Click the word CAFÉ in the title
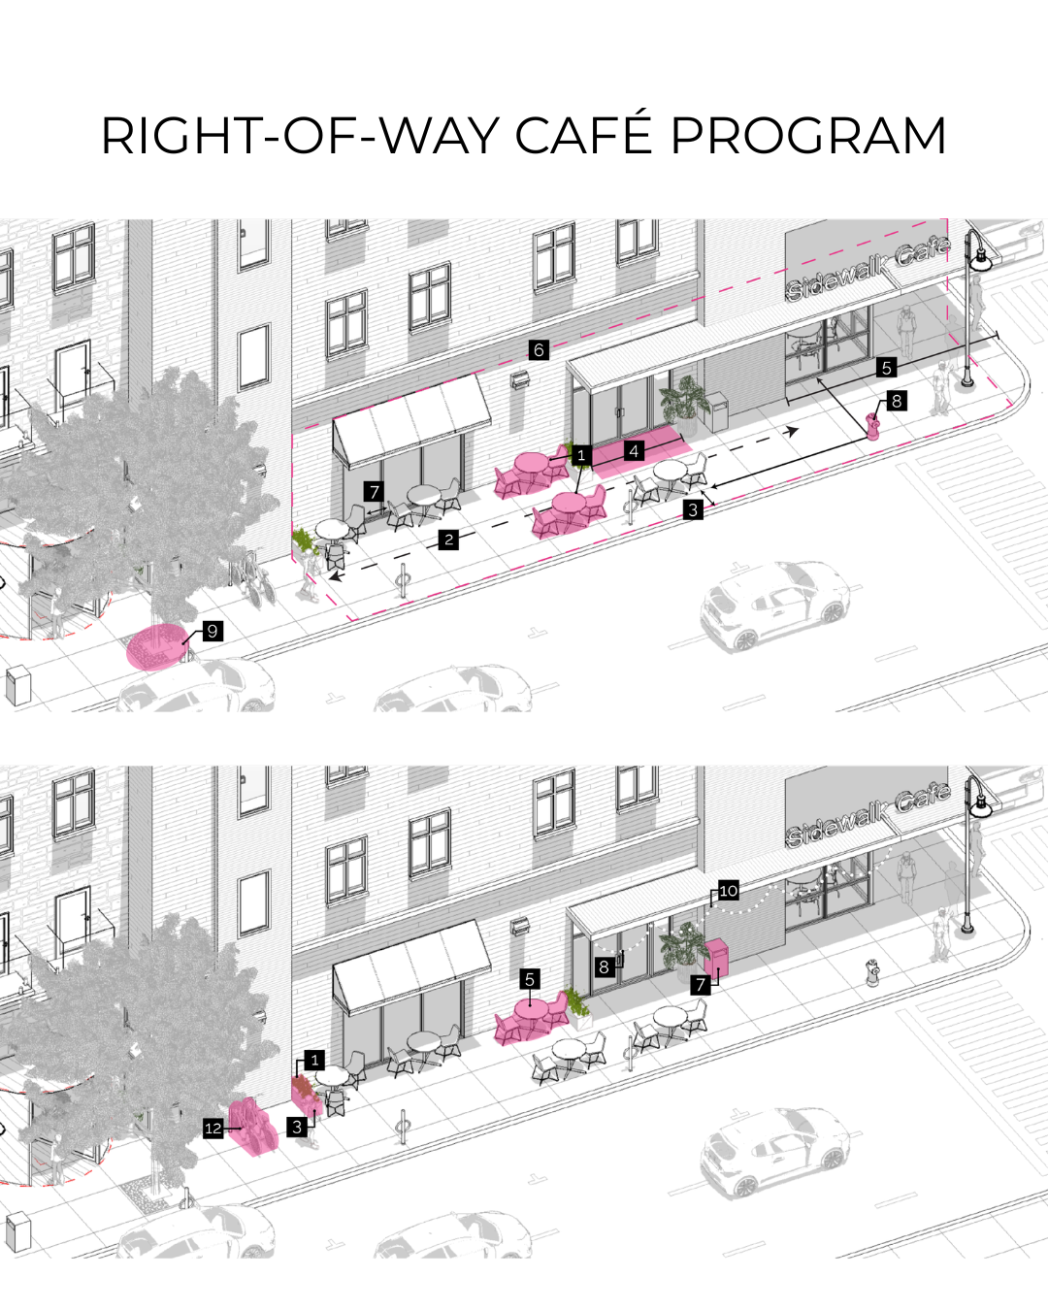click(x=582, y=135)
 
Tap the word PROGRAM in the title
click(x=807, y=135)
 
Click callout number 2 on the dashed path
click(x=448, y=540)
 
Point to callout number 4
click(x=634, y=450)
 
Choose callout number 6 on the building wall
click(x=540, y=350)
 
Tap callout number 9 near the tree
click(x=213, y=631)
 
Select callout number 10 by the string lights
click(x=728, y=891)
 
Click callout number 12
click(x=213, y=1128)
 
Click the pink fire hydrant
click(x=873, y=425)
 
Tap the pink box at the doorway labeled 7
click(x=716, y=959)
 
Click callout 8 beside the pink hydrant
click(x=897, y=401)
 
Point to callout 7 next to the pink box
click(x=701, y=985)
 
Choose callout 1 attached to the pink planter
click(x=314, y=1061)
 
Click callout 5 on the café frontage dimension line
click(x=886, y=368)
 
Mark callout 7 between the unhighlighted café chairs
click(x=375, y=492)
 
